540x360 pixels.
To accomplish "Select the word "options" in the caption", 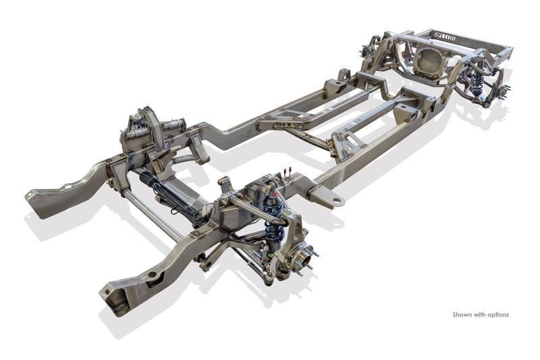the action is (x=497, y=315).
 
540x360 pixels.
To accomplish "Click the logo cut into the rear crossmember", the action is (x=446, y=36).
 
